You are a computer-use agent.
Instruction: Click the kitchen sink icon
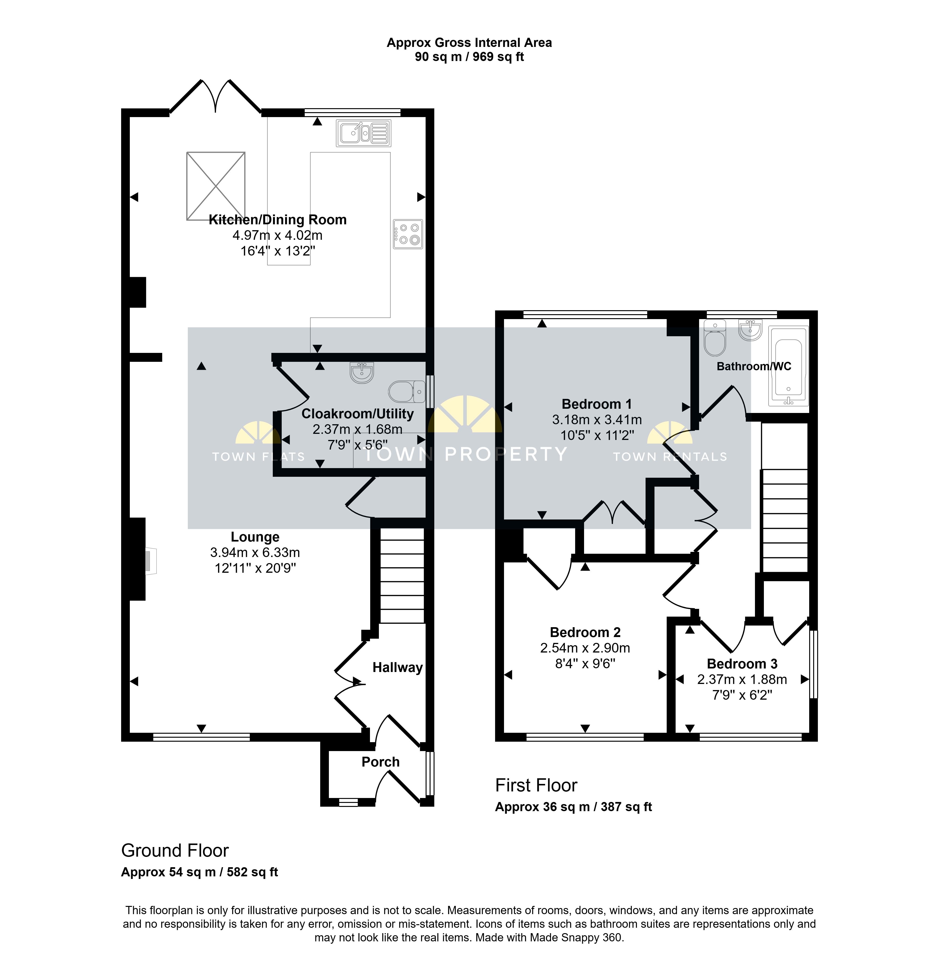pyautogui.click(x=363, y=133)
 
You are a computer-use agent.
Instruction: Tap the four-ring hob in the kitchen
pyautogui.click(x=408, y=234)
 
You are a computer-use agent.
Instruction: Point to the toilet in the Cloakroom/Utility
pyautogui.click(x=406, y=392)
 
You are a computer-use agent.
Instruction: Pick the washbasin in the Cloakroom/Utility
pyautogui.click(x=362, y=373)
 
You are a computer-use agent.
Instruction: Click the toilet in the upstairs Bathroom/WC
pyautogui.click(x=715, y=338)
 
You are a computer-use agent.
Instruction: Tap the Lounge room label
pyautogui.click(x=255, y=537)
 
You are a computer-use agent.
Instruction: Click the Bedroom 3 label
pyautogui.click(x=742, y=664)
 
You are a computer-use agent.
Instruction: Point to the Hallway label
pyautogui.click(x=397, y=667)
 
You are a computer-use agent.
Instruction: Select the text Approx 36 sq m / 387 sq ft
pyautogui.click(x=573, y=807)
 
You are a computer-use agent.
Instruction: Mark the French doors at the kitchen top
pyautogui.click(x=216, y=97)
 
